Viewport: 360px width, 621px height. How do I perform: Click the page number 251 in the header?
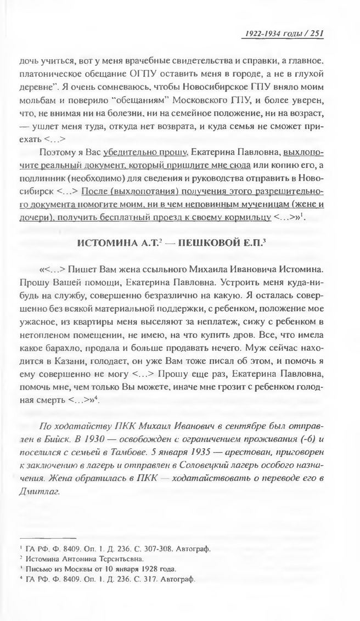(x=318, y=33)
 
